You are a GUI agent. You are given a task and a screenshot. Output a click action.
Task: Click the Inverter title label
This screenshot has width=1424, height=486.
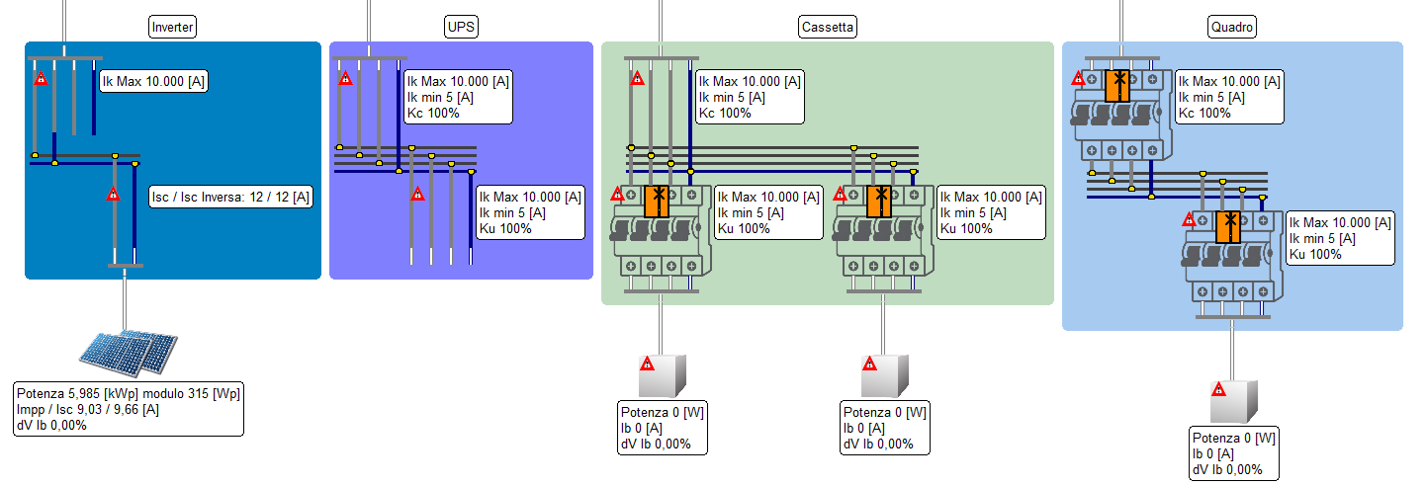point(172,28)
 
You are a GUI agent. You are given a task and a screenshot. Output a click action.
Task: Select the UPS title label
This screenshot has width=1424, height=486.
point(461,28)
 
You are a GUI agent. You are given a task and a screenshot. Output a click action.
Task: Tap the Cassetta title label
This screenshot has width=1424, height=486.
point(827,28)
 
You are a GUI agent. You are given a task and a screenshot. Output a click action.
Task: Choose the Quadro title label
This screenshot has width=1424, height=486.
point(1231,28)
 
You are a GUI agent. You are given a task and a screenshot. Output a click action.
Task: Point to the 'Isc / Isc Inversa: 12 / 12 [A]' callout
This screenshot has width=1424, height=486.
point(229,197)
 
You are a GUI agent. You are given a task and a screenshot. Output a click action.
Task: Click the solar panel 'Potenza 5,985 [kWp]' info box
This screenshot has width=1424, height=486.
point(128,409)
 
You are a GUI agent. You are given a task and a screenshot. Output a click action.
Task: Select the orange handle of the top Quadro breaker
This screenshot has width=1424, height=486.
point(1117,86)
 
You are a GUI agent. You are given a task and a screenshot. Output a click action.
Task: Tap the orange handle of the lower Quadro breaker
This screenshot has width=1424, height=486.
point(1228,226)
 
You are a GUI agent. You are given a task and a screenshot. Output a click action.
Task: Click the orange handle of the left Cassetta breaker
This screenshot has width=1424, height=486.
point(657,201)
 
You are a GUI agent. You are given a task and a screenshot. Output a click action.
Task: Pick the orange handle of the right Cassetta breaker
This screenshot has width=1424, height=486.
point(879,201)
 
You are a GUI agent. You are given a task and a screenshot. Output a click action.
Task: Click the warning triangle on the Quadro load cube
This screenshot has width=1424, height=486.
point(1219,389)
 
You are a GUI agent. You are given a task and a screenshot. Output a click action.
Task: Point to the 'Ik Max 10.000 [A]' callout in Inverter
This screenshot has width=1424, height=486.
point(153,82)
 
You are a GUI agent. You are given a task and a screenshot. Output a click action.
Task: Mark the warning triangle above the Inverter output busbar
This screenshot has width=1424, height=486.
point(113,194)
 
